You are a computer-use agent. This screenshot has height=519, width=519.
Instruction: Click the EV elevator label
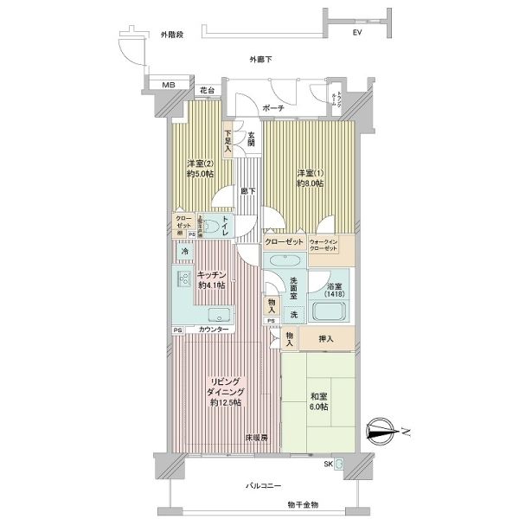(x=357, y=34)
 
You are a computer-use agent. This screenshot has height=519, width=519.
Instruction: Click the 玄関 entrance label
(x=251, y=138)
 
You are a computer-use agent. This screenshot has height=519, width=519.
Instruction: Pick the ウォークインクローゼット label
(x=332, y=245)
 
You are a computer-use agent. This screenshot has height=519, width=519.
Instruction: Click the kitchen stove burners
(x=184, y=279)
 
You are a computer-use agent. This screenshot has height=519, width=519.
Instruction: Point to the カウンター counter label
(x=214, y=330)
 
